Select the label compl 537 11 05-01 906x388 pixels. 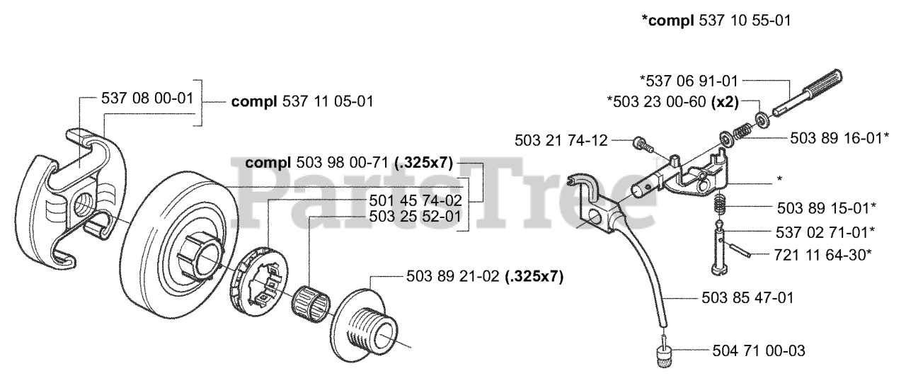point(302,102)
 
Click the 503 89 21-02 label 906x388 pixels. point(485,277)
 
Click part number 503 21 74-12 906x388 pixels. point(561,140)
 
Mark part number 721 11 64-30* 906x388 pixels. point(826,254)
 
